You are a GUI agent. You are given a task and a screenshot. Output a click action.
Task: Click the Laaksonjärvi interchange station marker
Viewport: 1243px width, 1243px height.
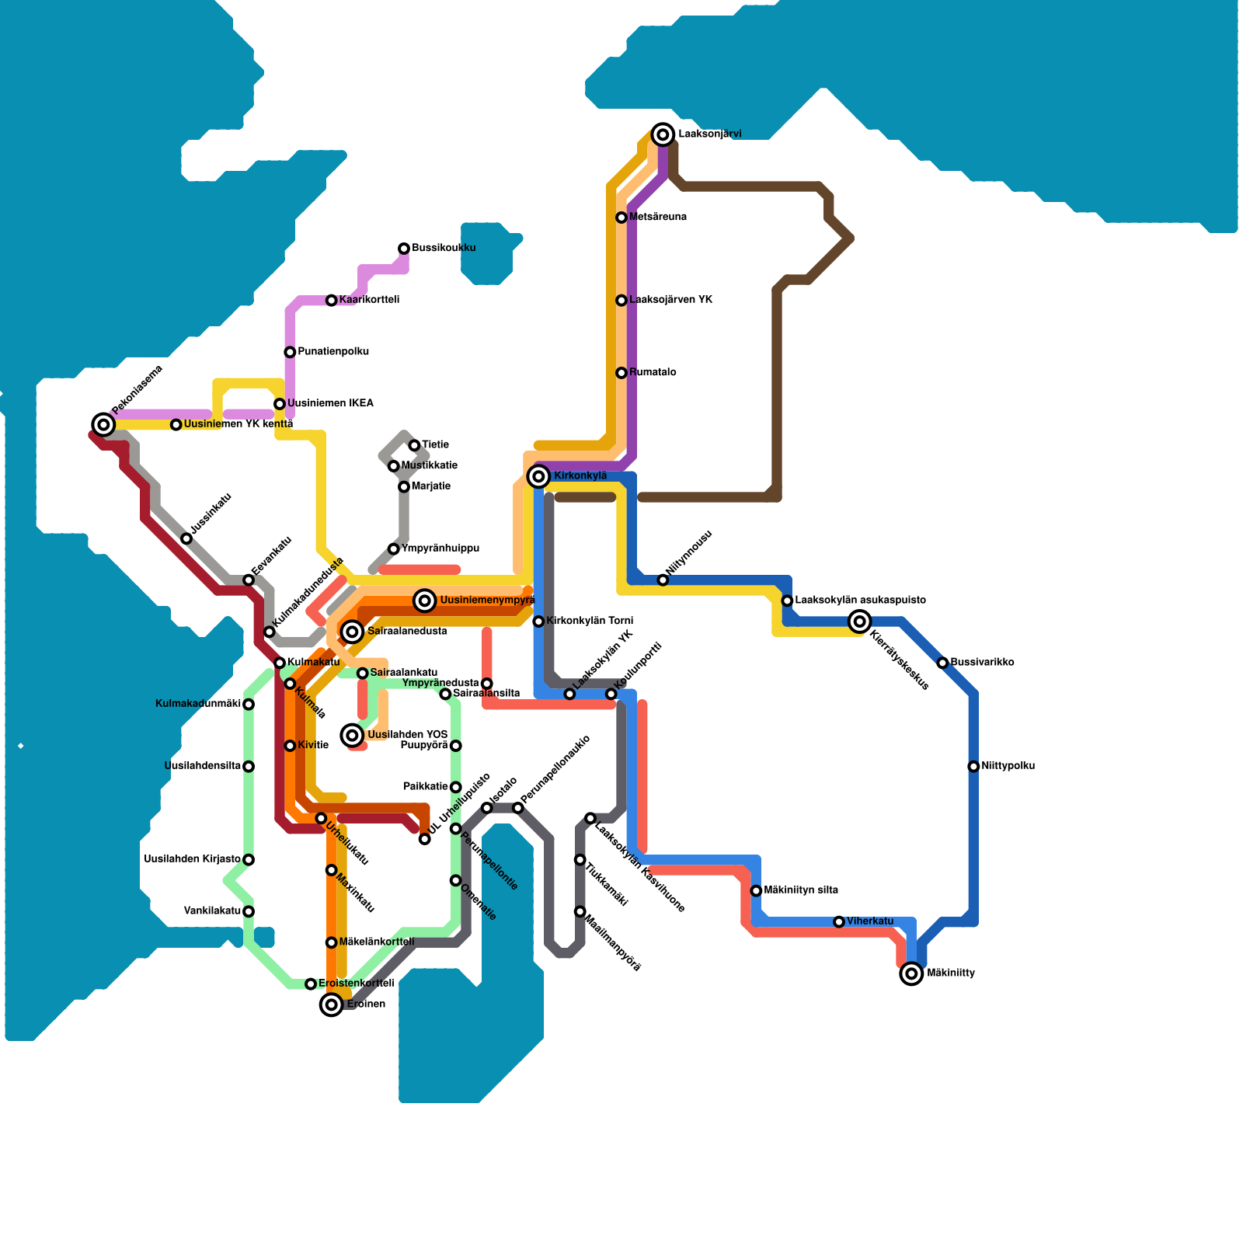tap(663, 135)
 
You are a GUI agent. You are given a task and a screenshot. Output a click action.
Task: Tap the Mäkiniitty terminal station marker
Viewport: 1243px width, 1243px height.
tap(912, 973)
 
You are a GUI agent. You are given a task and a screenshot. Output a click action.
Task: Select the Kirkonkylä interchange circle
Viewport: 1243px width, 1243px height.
tap(538, 476)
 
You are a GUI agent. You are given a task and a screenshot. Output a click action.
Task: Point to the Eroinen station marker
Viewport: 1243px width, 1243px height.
tap(332, 1004)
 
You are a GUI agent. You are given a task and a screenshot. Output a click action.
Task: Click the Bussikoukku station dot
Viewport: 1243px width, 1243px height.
tap(404, 249)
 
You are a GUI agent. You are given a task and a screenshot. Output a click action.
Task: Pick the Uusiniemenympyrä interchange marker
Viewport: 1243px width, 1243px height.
tap(424, 601)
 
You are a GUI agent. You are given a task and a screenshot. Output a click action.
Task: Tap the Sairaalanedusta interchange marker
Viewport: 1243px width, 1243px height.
tap(353, 632)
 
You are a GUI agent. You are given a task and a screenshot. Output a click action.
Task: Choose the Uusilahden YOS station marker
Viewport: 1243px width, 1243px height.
tap(353, 735)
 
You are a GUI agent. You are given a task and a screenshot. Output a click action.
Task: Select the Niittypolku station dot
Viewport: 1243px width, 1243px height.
tap(973, 767)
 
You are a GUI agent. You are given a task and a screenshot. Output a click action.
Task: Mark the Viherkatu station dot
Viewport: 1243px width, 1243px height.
tap(839, 922)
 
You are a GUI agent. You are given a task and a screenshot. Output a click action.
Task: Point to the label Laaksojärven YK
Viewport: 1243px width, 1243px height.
tap(670, 300)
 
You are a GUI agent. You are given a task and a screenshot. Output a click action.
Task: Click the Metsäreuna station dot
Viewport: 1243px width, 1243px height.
tap(621, 218)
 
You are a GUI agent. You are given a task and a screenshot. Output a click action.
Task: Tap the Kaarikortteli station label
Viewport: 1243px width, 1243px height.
tap(369, 300)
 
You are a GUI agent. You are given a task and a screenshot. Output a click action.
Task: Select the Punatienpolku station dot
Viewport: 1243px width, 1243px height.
tap(290, 353)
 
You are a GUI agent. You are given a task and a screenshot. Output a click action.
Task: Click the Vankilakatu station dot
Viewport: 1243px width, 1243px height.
tap(249, 911)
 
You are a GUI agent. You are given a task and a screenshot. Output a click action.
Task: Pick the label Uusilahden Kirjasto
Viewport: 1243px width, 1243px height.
tap(192, 859)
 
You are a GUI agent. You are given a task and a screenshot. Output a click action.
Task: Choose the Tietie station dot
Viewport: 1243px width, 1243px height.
tap(414, 445)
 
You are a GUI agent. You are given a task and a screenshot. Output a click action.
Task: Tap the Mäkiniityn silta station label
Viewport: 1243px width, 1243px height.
tap(801, 890)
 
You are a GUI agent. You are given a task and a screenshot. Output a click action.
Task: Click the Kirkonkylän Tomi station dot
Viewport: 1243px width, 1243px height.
tap(538, 621)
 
